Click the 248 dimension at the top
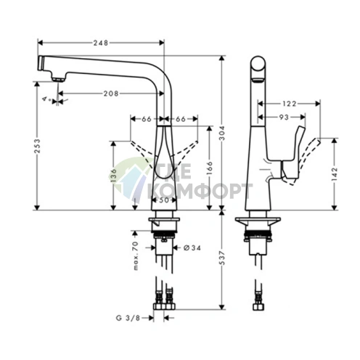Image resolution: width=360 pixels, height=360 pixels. [102, 44]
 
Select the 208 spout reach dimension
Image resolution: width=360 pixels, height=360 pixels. [110, 94]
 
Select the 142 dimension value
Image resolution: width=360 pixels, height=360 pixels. [334, 175]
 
